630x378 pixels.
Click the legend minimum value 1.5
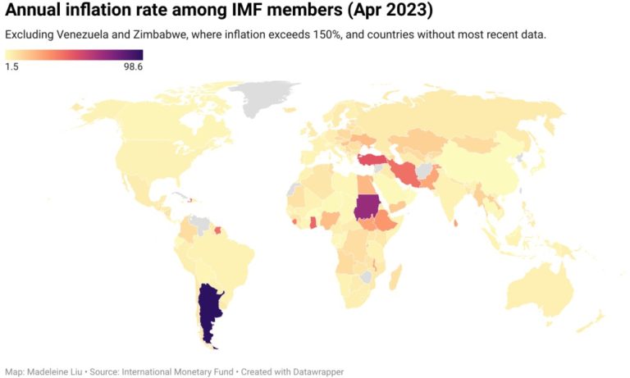click(x=11, y=67)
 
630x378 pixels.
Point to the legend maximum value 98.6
click(x=134, y=67)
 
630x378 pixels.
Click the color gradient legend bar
click(x=74, y=55)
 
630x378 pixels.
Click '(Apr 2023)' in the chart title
click(x=389, y=11)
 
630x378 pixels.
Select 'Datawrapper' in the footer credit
click(x=317, y=371)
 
